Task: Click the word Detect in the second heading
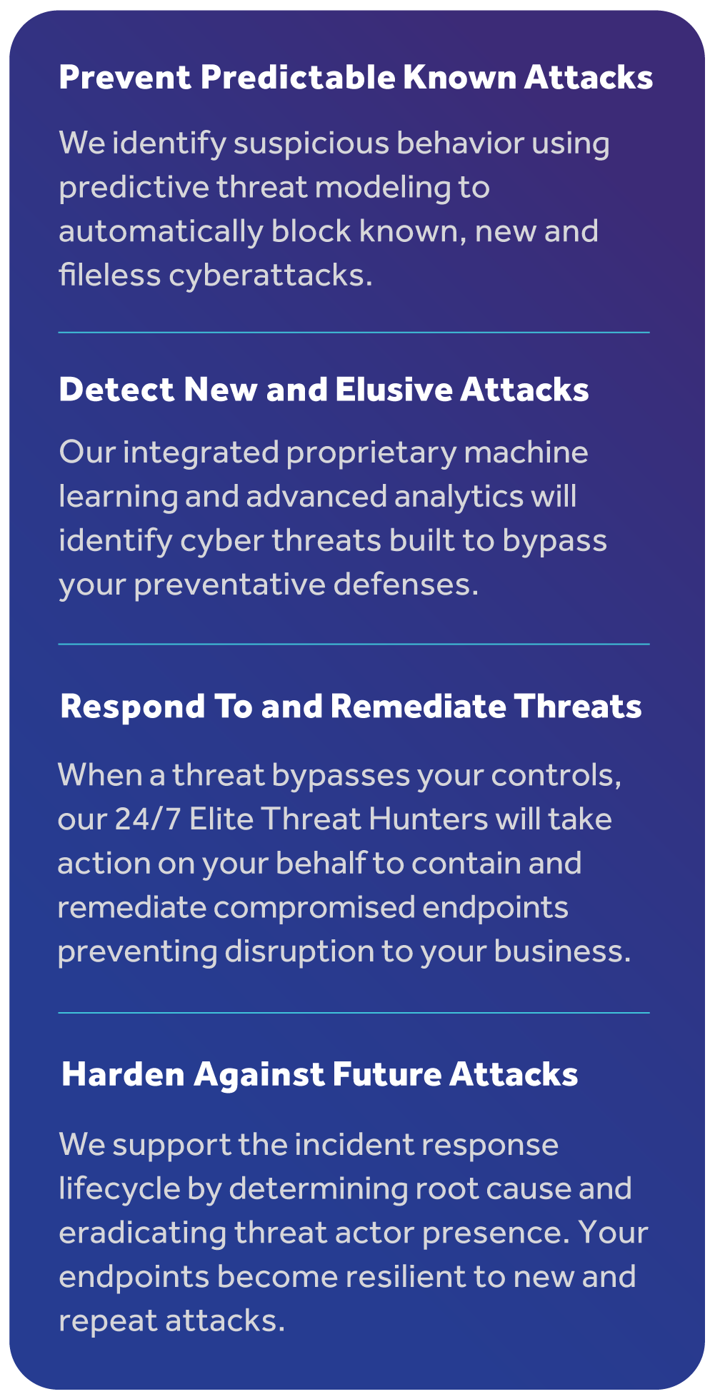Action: [116, 390]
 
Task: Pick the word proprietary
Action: [371, 453]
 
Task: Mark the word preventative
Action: [229, 585]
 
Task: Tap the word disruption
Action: [299, 952]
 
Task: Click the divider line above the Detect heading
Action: [354, 333]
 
